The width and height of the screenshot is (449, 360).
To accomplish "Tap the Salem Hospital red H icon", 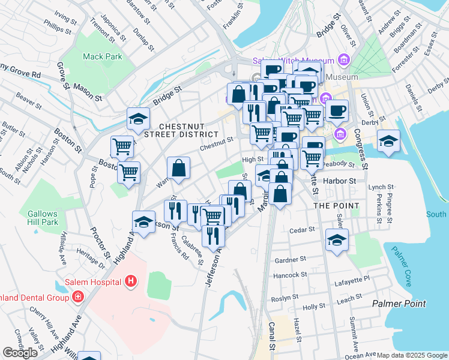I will pos(131,281).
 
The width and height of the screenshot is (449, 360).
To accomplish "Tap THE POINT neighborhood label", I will pos(337,206).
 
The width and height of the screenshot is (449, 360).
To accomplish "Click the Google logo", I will pos(20,353).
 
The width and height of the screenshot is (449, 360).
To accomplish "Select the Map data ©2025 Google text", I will pos(412,355).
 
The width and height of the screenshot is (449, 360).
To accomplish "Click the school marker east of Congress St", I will pos(388,141).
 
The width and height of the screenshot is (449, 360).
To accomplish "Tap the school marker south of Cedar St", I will pos(337,241).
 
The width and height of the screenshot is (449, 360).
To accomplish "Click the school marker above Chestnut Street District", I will pos(138,118).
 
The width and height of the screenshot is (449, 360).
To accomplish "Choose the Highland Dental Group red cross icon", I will pos(77,297).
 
